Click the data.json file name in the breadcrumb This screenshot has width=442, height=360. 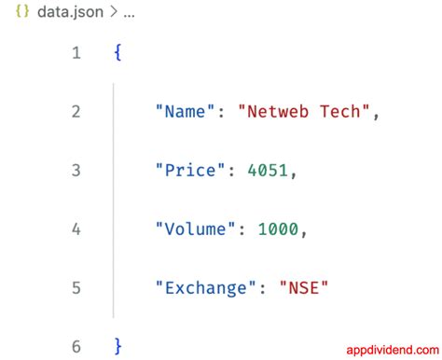(70, 12)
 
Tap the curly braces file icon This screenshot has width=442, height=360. (22, 11)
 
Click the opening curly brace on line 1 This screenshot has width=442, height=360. (117, 52)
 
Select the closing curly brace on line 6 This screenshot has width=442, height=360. (117, 346)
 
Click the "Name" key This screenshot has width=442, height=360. (185, 111)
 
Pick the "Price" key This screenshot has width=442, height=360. (190, 170)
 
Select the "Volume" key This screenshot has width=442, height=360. (195, 228)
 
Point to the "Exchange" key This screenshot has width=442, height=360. (205, 287)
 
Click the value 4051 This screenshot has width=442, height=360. (268, 171)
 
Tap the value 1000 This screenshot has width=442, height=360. (278, 229)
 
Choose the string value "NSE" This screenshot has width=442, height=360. (304, 287)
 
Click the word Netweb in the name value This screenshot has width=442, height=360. (278, 112)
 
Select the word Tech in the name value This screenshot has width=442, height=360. (339, 112)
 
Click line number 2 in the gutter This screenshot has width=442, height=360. (76, 112)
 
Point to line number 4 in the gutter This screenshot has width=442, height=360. (76, 229)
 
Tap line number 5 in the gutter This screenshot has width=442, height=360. (76, 288)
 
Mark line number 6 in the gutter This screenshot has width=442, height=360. (76, 347)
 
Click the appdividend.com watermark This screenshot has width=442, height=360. (393, 350)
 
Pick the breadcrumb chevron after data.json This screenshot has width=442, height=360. (114, 12)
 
